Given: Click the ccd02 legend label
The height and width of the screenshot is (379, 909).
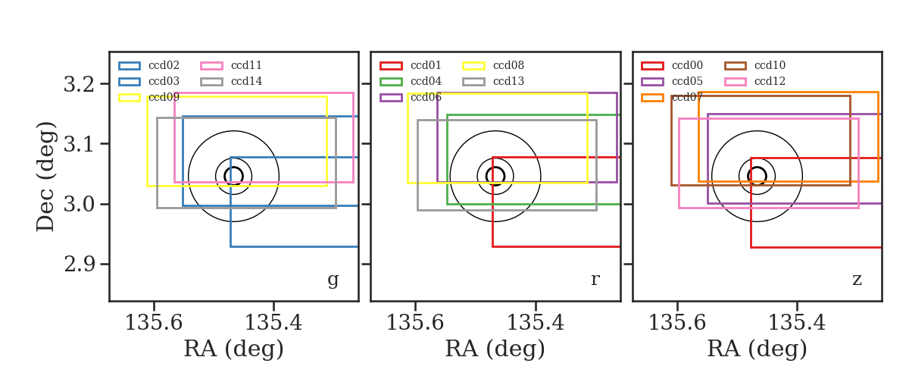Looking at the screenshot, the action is pos(164,65).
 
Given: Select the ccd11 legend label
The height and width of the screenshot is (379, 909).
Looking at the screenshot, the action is pos(246,65).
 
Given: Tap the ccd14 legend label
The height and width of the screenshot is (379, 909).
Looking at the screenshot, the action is pos(246,81).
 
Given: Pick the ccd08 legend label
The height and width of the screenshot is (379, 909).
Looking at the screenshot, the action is pos(508,65).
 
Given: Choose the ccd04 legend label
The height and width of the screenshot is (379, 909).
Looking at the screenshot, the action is pos(426,81).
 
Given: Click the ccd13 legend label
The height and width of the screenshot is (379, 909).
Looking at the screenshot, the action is pos(508,81).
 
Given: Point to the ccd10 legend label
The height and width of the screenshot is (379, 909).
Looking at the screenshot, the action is pos(770,65).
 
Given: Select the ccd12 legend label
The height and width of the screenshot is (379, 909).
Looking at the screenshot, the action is pos(770,81).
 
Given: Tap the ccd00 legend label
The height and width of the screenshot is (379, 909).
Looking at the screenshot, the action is pos(688,65).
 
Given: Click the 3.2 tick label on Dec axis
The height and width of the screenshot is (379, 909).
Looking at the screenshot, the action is pos(79,84).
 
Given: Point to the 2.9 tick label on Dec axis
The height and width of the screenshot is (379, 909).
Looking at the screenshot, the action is pos(79,265).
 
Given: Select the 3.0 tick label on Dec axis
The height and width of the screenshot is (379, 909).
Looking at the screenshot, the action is pos(79,204).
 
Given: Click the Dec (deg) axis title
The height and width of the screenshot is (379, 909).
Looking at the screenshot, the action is pos(45,177).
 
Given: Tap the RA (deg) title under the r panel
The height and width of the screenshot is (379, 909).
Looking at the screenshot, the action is pos(495,349).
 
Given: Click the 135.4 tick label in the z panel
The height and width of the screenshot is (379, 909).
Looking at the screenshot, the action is pos(797,323).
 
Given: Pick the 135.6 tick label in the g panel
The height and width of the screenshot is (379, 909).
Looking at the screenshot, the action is pos(154,323).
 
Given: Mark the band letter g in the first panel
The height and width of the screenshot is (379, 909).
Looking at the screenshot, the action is pos(333,280).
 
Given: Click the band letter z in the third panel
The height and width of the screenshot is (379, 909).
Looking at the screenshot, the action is pos(857,280).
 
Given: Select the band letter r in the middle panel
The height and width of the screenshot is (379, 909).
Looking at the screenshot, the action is pos(595,280).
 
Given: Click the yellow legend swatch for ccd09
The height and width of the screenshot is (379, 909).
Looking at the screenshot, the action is pos(130,98).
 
